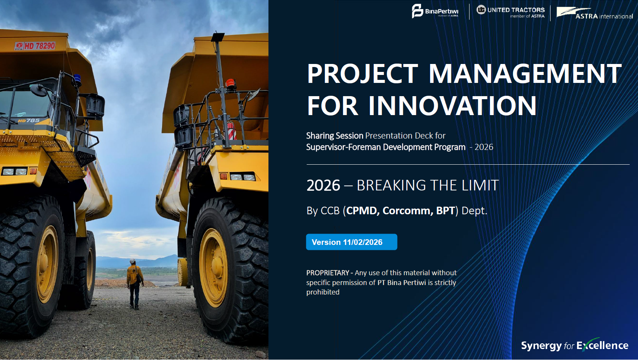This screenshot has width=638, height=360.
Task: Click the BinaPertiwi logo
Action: [435, 11]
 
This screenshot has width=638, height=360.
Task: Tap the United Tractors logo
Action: [510, 12]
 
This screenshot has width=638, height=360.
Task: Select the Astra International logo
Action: [594, 13]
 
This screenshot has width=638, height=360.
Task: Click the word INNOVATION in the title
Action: [452, 106]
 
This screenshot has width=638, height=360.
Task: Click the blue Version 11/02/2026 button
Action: [351, 242]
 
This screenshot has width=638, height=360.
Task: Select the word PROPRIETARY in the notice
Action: [328, 273]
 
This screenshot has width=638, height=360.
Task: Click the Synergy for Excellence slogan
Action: [574, 345]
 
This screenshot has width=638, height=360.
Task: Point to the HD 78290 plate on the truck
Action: [35, 46]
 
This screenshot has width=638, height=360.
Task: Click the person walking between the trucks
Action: [135, 284]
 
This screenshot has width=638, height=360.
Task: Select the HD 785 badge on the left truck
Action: [29, 120]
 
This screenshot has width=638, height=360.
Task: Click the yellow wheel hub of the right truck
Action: [214, 268]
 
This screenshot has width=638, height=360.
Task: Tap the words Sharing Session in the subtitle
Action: [335, 136]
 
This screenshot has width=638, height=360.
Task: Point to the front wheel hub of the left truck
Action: [47, 264]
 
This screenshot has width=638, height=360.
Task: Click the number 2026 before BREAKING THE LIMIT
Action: [323, 185]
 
